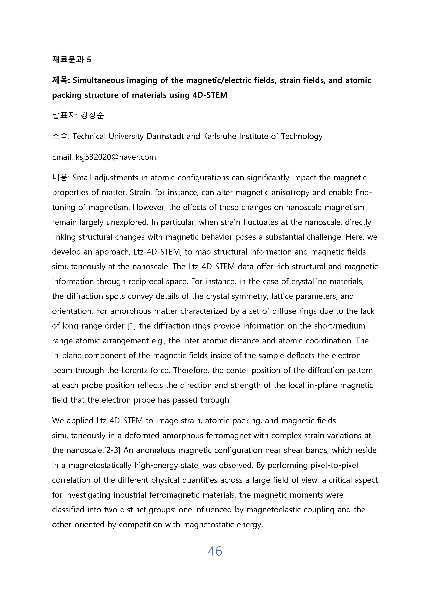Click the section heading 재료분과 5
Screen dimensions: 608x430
[x=72, y=59]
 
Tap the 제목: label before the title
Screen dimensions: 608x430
[x=61, y=80]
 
